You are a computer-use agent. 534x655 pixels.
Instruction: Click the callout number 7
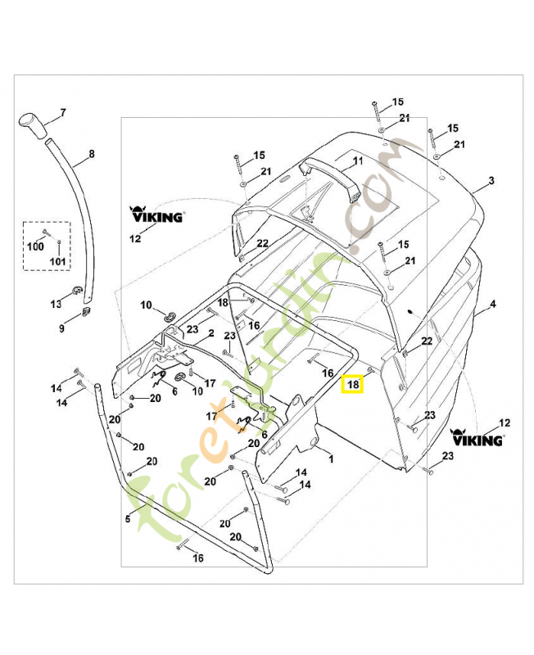point(62,111)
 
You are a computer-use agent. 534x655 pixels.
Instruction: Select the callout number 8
point(91,153)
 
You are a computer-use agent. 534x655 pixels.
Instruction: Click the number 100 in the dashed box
point(37,246)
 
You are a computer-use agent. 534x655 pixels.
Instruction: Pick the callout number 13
point(56,304)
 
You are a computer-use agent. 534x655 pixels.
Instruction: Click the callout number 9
point(61,329)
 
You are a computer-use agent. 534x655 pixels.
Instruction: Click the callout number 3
point(491,180)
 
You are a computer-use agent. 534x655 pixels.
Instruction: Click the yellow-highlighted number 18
point(352,383)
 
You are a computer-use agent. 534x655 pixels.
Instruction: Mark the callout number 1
point(330,459)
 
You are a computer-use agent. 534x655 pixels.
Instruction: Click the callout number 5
point(128,518)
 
